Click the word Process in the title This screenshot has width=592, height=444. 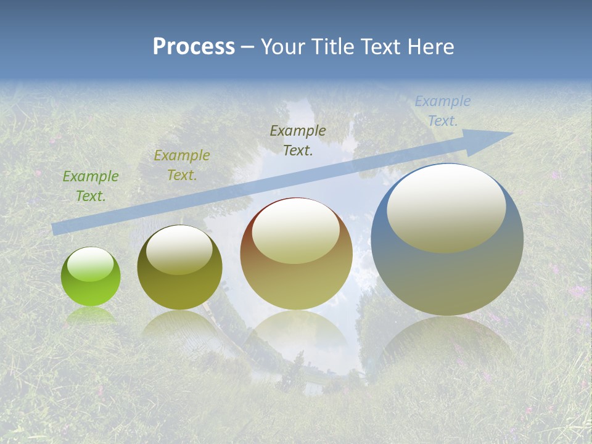(194, 47)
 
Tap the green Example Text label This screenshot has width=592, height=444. (91, 186)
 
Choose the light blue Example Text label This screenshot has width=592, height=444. (443, 111)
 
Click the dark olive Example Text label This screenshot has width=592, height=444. (298, 140)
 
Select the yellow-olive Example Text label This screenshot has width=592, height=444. (182, 165)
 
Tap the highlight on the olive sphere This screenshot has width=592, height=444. (179, 250)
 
